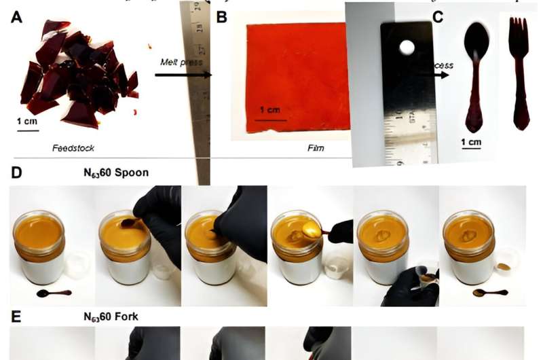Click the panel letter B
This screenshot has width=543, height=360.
point(221,18)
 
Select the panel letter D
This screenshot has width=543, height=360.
point(16,173)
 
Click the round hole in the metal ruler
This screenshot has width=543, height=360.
point(407,48)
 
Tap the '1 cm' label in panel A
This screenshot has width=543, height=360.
point(28,121)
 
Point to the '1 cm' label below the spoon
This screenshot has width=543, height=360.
point(470,142)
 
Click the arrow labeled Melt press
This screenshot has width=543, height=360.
point(182,71)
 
